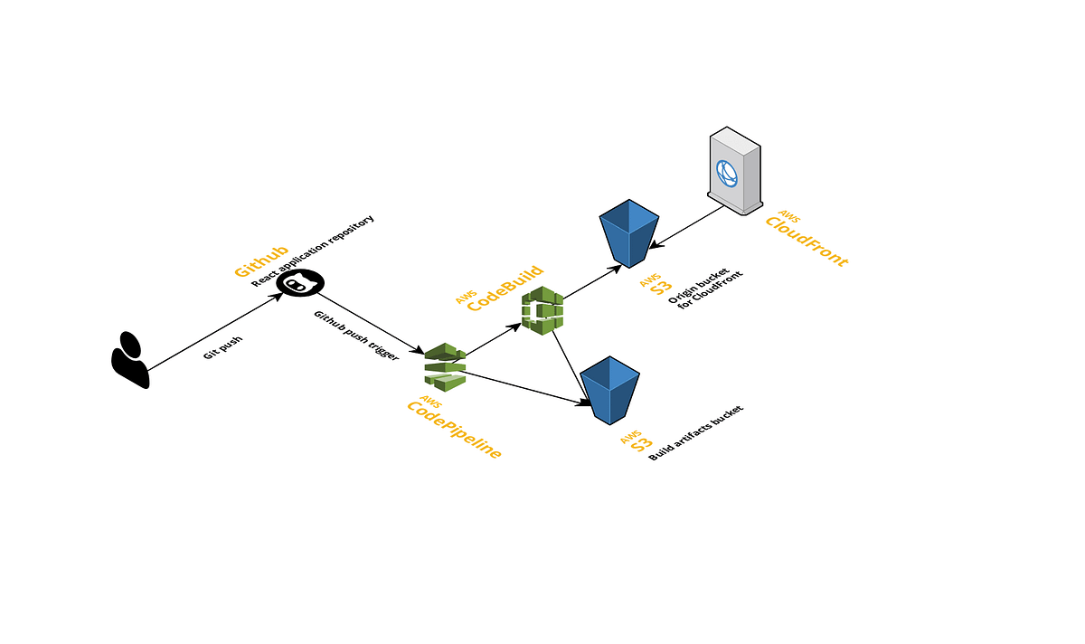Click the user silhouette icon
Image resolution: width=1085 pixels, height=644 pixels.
[129, 359]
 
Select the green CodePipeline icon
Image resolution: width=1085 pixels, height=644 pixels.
[445, 366]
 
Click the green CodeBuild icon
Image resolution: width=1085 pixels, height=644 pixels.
[542, 310]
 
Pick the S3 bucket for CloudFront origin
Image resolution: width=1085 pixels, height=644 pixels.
[629, 232]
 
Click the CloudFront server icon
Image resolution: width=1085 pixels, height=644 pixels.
[735, 170]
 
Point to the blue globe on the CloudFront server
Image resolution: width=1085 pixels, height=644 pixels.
[728, 172]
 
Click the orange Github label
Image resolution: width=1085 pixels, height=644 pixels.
[261, 260]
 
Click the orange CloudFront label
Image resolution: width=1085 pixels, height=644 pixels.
[807, 241]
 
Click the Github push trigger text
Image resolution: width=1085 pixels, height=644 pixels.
[355, 336]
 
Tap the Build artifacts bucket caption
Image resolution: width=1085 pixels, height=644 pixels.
[696, 433]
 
